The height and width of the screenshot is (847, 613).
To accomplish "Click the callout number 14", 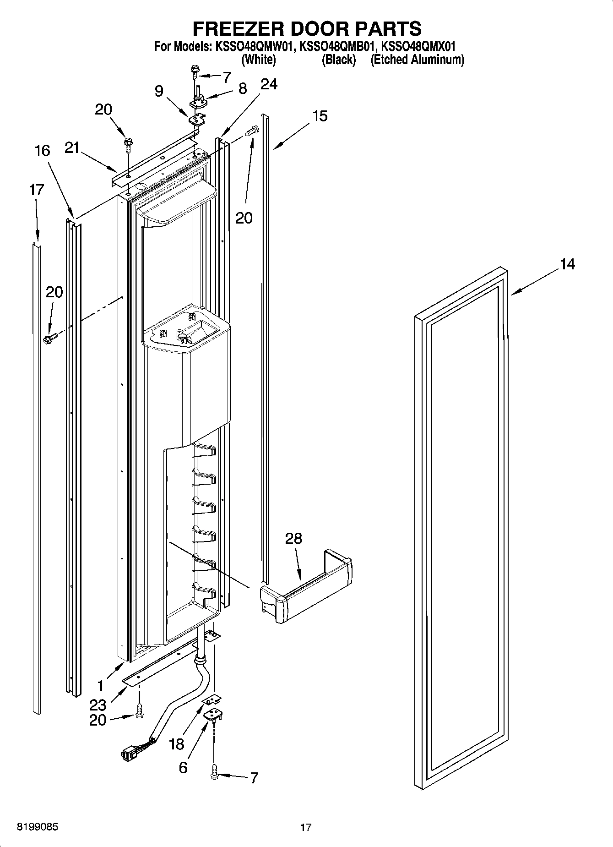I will click(x=567, y=264).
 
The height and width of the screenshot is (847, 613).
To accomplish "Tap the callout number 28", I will click(x=293, y=538).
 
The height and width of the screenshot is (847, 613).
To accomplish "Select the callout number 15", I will click(x=320, y=116).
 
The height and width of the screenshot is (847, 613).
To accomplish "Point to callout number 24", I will click(x=269, y=84).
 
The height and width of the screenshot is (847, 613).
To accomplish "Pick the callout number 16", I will click(x=43, y=150).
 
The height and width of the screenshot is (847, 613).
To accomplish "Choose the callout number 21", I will click(x=72, y=148).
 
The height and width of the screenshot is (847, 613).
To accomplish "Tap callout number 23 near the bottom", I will click(x=98, y=705).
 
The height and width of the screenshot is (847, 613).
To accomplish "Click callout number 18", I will click(x=176, y=744).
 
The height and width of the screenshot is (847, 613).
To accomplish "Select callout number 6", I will click(x=183, y=767).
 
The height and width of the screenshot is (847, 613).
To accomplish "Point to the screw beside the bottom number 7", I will click(x=214, y=774).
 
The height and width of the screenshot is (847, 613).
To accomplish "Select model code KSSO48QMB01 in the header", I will click(x=339, y=46).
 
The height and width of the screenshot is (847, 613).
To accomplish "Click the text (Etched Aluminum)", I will click(x=417, y=60).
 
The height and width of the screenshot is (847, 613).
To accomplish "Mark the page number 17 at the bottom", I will click(x=306, y=827).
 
